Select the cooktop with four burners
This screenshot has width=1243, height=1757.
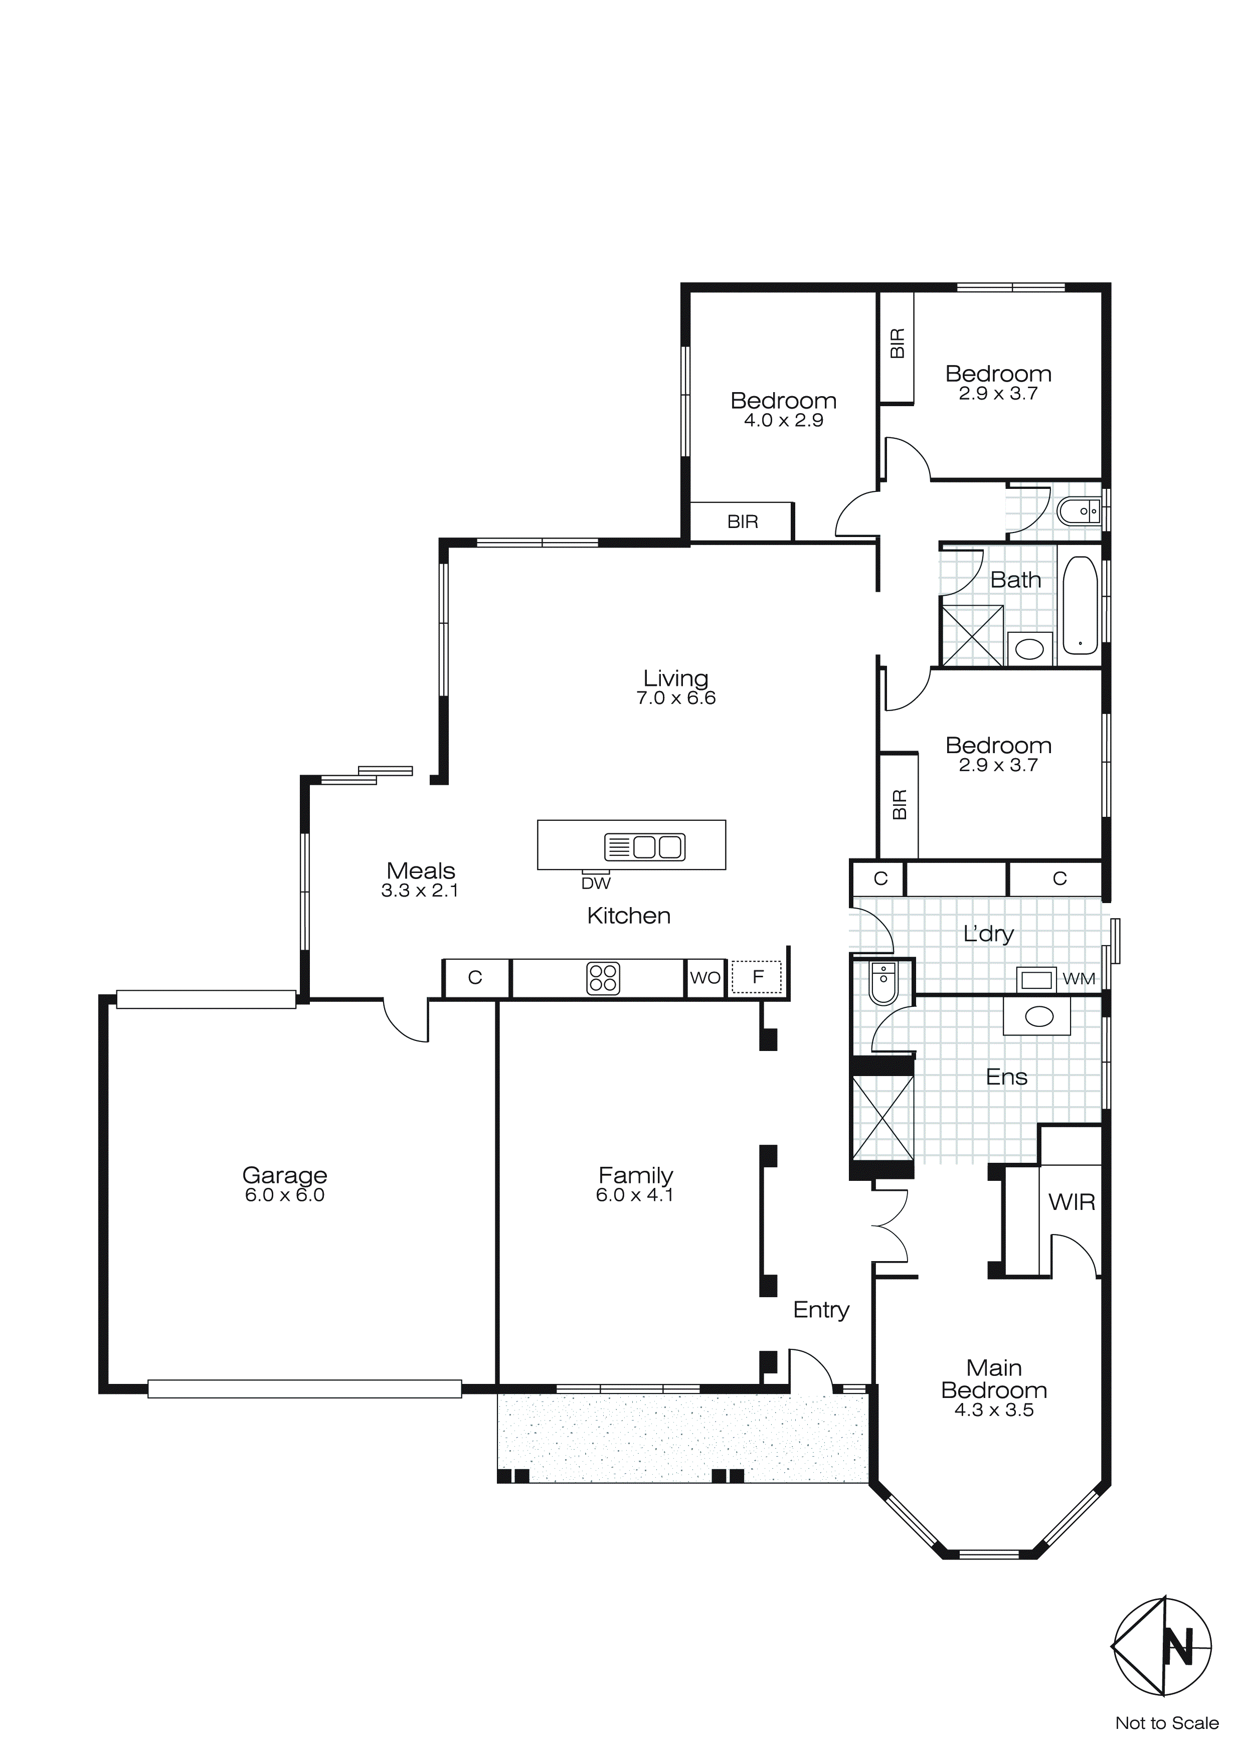[x=602, y=979]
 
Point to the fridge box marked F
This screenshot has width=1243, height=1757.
[x=757, y=977]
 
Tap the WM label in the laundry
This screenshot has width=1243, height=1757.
[x=1079, y=979]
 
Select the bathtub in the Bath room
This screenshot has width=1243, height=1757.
[x=1080, y=605]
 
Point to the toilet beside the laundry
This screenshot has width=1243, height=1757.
[x=883, y=983]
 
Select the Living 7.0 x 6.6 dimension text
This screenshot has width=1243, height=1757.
[x=676, y=698]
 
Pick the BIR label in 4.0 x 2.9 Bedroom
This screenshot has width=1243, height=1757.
[x=743, y=522]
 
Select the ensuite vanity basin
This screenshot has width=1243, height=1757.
[x=1038, y=1017]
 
